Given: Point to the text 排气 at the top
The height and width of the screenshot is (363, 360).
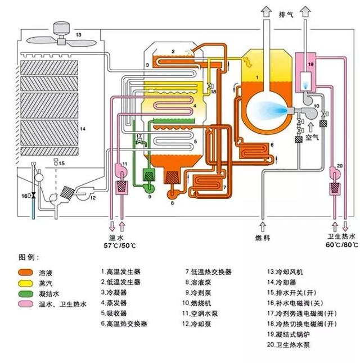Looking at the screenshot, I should coord(286,14).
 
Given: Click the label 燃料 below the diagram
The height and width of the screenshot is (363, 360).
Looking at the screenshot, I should coord(263,238).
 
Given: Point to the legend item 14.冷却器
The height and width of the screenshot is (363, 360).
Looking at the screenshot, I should coord(285,283).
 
